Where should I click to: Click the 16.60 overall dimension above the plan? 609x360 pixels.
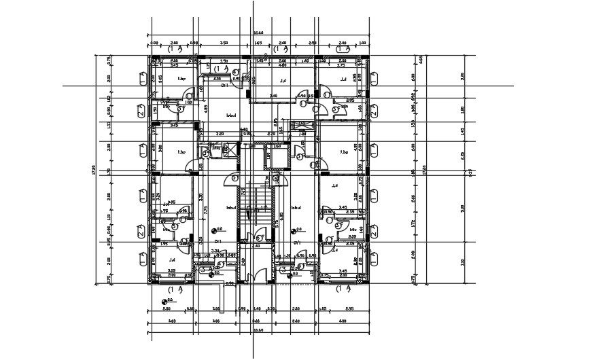tap(258, 32)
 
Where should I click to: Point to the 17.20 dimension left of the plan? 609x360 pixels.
tap(94, 170)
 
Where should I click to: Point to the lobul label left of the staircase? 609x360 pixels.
tap(230, 208)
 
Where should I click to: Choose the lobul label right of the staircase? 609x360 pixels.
tap(296, 208)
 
